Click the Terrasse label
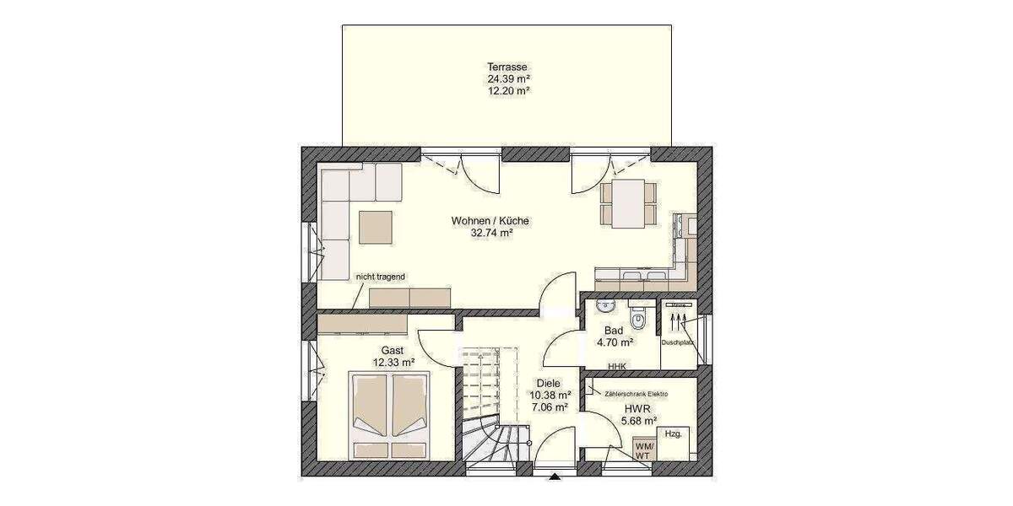pos(507,67)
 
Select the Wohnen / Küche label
pos(490,221)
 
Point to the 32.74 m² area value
pos(492,234)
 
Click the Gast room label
pos(393,350)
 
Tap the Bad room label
pos(614,331)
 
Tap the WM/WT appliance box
pos(643,450)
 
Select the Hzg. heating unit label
pos(673,433)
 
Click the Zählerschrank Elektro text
pos(636,394)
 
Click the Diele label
pos(549,382)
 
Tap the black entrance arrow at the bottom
pos(555,478)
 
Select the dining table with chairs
pos(626,202)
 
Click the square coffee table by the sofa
pos(376,226)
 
